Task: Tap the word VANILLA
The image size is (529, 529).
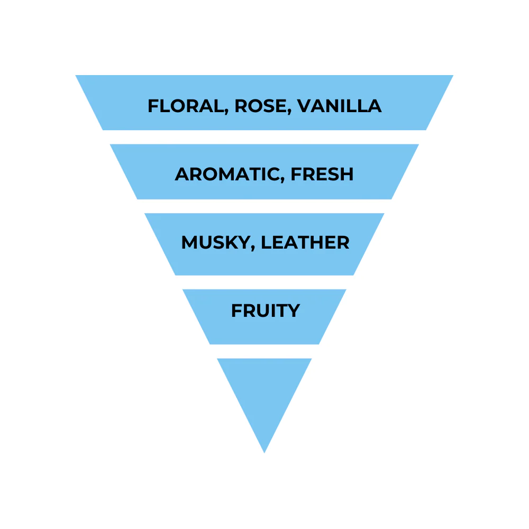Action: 339,106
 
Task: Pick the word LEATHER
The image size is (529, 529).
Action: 305,242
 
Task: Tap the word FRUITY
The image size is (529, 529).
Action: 265,310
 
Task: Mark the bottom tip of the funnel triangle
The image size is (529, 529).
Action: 264,452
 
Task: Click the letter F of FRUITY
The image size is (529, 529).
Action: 236,310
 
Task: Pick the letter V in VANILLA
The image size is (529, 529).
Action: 304,106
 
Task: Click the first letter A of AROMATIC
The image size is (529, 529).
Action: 182,174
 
